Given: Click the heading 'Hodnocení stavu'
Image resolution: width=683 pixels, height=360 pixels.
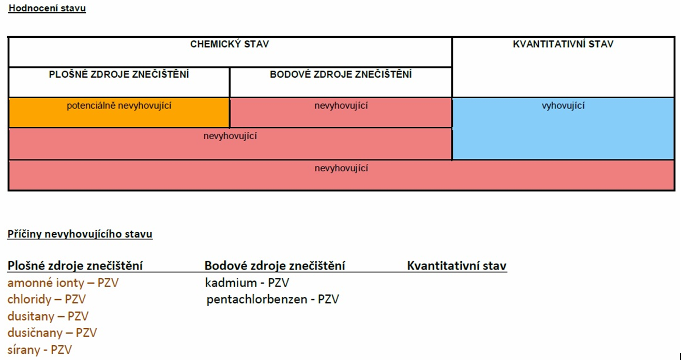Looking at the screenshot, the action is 47,8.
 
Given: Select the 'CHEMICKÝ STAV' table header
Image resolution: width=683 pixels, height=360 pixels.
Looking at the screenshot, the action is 230,44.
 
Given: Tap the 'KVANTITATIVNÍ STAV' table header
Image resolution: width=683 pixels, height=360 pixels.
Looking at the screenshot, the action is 563,44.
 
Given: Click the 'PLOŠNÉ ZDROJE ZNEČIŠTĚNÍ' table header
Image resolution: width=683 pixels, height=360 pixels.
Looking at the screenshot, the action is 119,74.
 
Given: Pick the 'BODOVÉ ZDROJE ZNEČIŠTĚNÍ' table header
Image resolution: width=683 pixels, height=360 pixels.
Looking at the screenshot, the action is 341,74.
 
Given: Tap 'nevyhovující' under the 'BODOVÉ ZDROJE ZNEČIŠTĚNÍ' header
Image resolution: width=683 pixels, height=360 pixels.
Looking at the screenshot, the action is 341,106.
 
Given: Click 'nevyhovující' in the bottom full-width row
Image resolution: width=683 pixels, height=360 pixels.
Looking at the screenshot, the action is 341,168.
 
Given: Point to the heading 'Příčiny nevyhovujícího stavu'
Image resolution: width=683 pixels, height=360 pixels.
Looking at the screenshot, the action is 80,234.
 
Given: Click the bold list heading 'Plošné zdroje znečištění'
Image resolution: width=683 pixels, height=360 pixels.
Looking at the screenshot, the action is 75,266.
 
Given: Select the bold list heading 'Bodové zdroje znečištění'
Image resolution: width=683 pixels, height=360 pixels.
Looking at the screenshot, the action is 275,266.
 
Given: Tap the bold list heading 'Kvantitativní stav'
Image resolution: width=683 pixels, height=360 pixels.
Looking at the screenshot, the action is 457,266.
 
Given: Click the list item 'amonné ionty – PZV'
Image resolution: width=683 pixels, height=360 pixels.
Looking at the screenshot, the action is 63,283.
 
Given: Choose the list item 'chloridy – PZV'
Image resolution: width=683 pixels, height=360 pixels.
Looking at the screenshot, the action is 47,299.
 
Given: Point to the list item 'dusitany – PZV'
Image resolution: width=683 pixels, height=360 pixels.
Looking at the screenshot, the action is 48,316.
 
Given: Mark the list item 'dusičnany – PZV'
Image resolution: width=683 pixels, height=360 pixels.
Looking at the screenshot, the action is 52,333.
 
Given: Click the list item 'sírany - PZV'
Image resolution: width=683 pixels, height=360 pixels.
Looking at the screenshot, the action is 40,350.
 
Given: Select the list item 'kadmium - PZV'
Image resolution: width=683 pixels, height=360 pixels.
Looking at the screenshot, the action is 247,283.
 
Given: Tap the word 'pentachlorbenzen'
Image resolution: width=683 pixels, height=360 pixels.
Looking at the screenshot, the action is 257,299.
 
